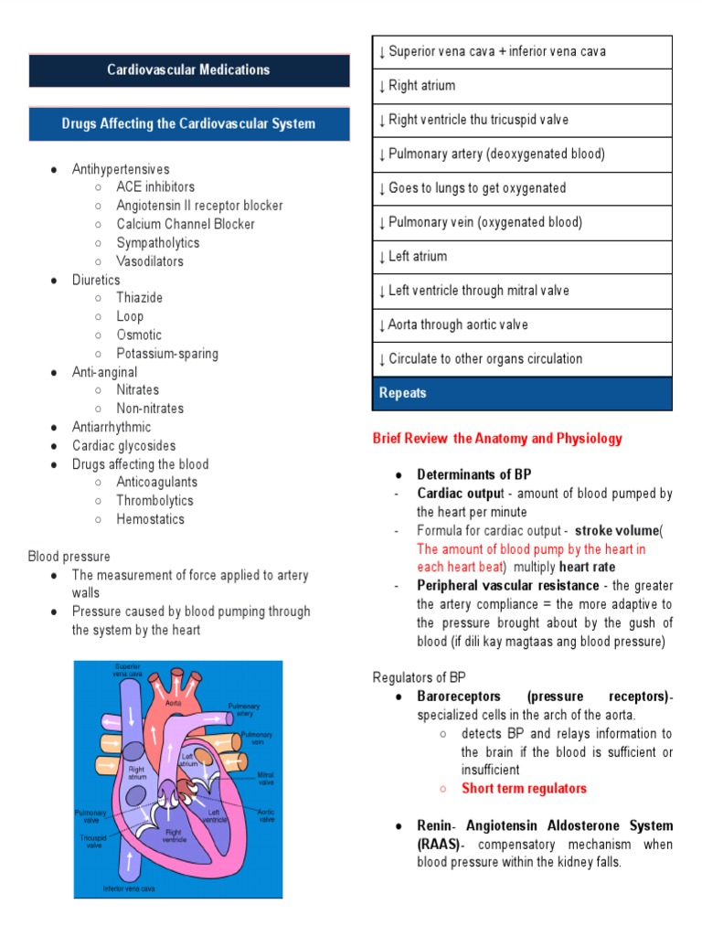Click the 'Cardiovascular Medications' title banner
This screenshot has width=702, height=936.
(188, 70)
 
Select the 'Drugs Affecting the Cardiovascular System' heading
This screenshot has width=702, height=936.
(188, 124)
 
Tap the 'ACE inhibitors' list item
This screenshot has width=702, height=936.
(155, 187)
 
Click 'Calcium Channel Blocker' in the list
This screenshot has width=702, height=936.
(186, 224)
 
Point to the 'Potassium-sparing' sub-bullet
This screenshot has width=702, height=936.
(167, 354)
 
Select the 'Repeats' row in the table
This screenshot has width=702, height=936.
(523, 393)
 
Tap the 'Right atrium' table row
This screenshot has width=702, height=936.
(523, 86)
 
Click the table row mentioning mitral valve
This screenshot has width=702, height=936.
(523, 291)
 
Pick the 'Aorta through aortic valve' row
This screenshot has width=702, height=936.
(523, 324)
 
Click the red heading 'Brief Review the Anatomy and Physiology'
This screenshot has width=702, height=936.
(497, 439)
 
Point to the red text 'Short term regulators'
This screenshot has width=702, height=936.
(524, 788)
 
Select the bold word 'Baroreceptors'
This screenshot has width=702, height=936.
(455, 697)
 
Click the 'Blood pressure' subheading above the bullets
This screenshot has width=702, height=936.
(69, 557)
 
